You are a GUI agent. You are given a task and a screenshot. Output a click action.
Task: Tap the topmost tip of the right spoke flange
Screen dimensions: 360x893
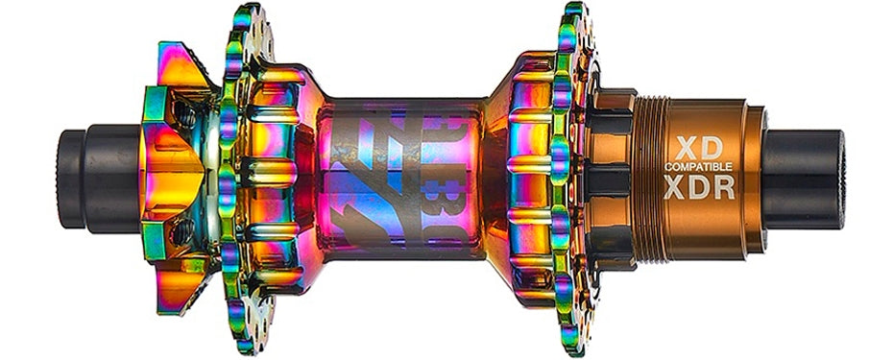point(575,10)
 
